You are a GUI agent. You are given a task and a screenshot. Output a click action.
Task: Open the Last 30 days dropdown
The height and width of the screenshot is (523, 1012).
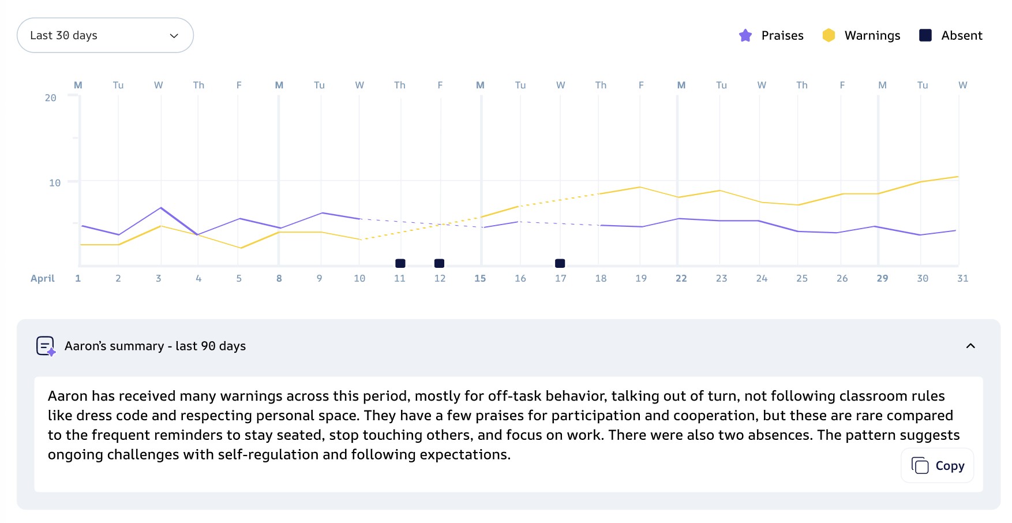[105, 35]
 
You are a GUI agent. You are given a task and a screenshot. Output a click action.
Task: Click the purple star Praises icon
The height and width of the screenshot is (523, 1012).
[745, 35]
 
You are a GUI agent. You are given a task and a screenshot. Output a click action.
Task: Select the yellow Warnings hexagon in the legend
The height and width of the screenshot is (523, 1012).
[829, 35]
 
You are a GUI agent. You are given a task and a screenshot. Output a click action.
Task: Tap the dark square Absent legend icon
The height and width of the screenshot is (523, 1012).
[925, 35]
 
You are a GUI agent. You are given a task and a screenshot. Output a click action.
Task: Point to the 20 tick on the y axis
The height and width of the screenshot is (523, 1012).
[51, 98]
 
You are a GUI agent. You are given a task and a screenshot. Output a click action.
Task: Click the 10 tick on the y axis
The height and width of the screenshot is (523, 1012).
[55, 182]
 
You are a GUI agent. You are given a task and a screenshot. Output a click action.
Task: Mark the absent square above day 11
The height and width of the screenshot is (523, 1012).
[400, 263]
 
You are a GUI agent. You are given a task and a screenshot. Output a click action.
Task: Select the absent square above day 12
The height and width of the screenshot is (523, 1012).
[439, 263]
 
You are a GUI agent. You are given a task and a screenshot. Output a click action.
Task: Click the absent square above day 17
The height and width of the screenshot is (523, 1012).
[560, 263]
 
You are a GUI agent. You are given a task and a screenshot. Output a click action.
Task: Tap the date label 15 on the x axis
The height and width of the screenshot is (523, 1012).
[480, 278]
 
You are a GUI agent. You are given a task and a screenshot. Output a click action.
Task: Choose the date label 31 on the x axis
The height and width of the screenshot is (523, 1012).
[963, 278]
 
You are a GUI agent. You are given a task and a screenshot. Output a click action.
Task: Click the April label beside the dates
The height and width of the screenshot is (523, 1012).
[43, 278]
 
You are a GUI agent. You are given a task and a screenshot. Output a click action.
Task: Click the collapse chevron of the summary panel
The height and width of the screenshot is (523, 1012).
[970, 346]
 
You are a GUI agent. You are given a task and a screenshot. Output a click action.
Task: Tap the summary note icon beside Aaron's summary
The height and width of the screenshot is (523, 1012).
[46, 346]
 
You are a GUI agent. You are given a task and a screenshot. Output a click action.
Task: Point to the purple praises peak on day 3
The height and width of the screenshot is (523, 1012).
[161, 207]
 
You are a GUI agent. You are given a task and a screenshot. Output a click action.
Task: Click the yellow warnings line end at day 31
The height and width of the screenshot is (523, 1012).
[958, 177]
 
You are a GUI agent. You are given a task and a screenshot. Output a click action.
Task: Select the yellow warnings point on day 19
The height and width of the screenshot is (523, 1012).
[640, 187]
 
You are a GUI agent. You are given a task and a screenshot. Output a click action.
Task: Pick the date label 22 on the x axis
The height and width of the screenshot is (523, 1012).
[681, 278]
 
